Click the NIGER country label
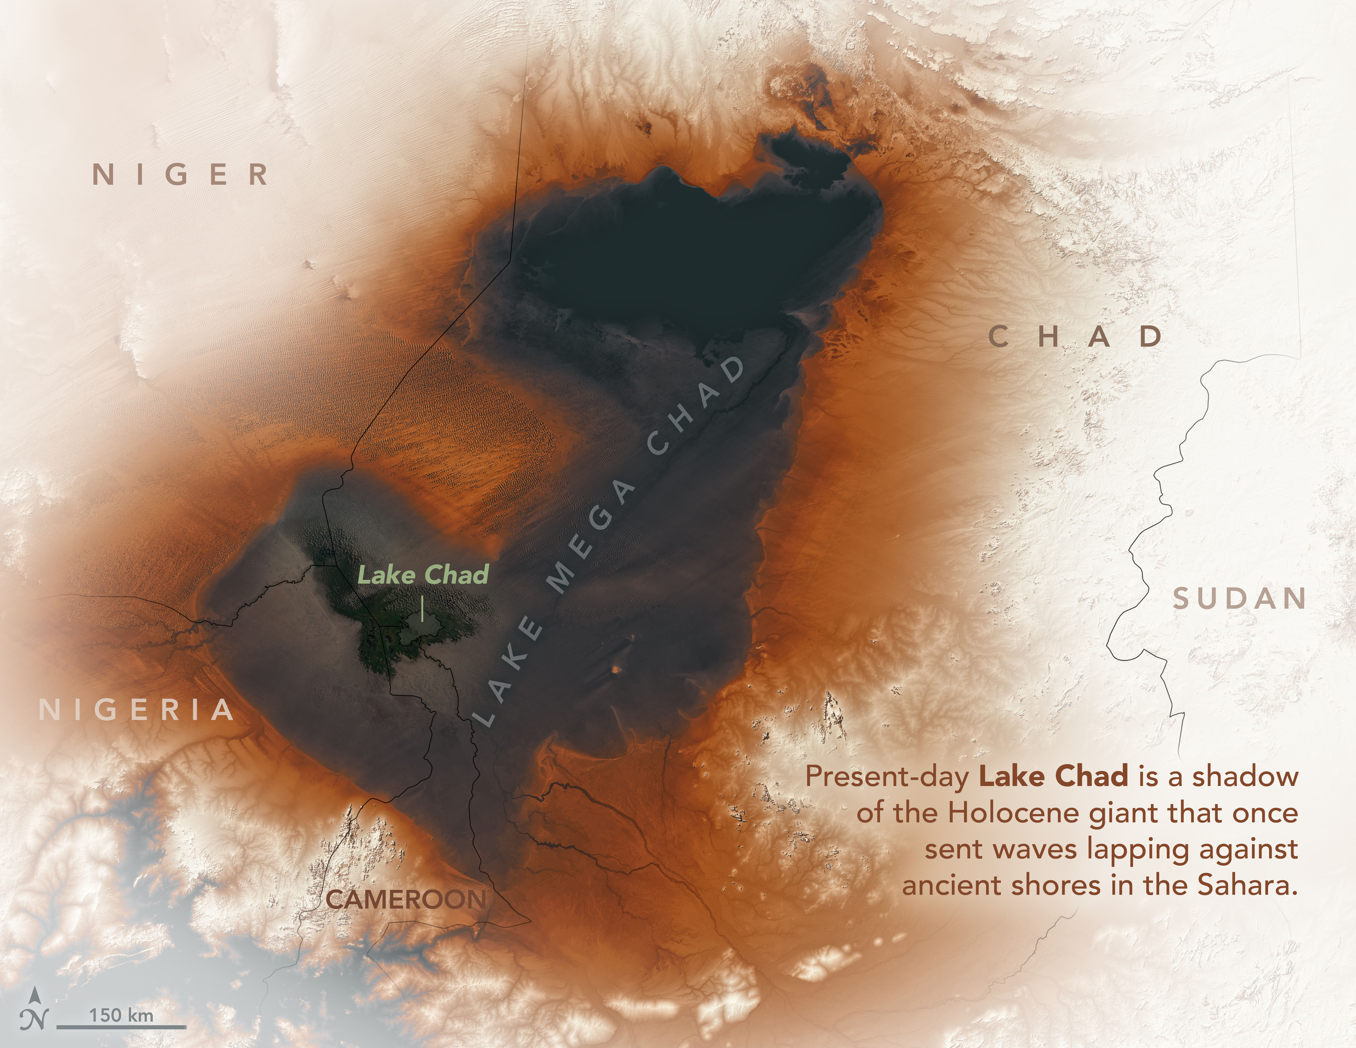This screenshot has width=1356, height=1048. (181, 174)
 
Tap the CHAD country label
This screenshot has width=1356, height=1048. (1075, 337)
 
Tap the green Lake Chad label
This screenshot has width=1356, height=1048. (423, 575)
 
